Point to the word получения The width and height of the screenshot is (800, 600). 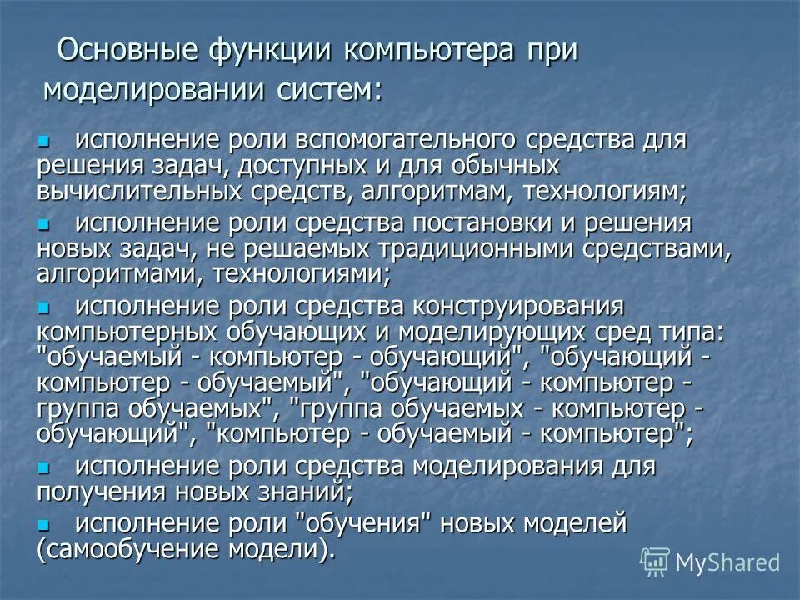(100, 491)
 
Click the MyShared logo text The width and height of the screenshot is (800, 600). (727, 562)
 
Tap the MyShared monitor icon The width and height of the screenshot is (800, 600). (655, 562)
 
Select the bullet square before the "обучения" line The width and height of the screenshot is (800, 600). (44, 525)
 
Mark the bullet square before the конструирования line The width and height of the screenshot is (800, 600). (44, 306)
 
